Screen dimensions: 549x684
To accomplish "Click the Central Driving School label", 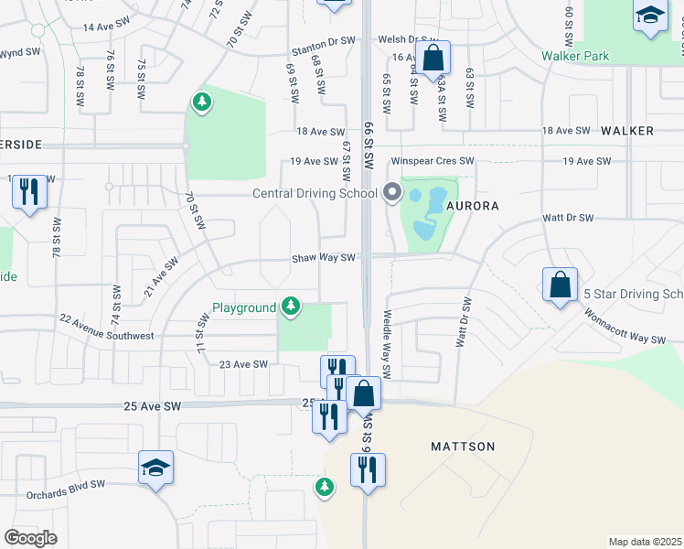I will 315,193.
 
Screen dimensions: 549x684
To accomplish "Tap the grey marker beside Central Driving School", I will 393,192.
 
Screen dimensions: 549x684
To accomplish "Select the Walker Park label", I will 600,57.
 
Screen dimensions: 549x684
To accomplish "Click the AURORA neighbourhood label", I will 473,207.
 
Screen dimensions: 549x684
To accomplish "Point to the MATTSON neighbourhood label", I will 463,447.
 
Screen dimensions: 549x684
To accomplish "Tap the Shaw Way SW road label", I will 323,258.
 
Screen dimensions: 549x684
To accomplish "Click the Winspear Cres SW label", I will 433,161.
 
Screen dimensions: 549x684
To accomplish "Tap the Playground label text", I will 244,307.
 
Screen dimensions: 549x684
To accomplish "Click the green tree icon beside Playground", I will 292,305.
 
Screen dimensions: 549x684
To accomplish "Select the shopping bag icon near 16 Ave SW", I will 434,58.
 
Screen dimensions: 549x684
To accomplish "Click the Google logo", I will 30,538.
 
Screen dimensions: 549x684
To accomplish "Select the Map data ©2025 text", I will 645,542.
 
